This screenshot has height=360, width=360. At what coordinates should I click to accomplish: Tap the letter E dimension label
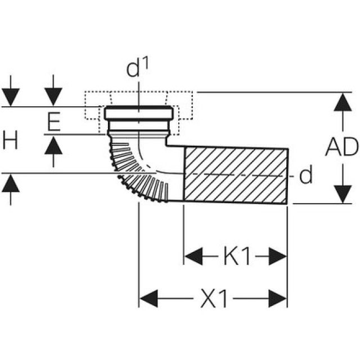pyautogui.click(x=53, y=121)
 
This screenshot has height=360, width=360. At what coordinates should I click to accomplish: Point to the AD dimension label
pyautogui.click(x=341, y=147)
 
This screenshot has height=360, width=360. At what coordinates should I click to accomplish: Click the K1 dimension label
pyautogui.click(x=236, y=257)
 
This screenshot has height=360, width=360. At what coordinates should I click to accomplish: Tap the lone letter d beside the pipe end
pyautogui.click(x=305, y=176)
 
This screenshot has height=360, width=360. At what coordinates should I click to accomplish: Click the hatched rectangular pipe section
pyautogui.click(x=236, y=175)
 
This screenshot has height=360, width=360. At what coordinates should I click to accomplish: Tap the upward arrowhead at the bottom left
pyautogui.click(x=11, y=183)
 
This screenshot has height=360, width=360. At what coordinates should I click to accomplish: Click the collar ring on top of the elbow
pyautogui.click(x=138, y=113)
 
